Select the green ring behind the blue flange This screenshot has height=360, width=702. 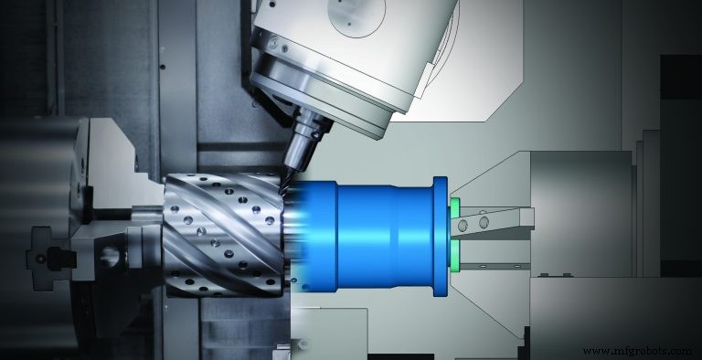(x=452, y=236)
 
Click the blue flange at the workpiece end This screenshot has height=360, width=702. (x=440, y=237)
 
